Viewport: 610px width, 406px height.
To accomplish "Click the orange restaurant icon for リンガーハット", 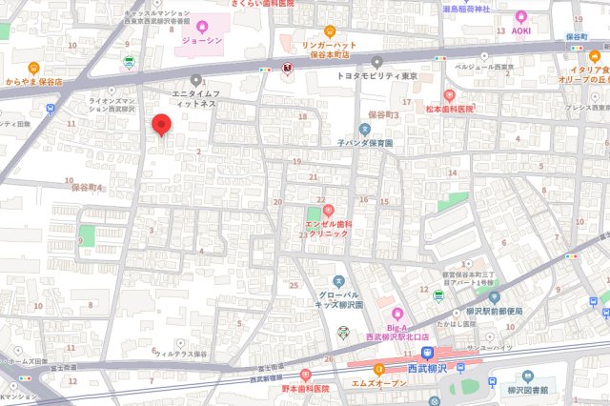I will tap(330, 30).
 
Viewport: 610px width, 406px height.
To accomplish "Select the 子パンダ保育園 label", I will tap(365, 142).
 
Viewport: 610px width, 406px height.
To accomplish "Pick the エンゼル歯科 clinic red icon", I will tap(328, 210).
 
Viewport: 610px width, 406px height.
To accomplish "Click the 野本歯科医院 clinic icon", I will tap(305, 376).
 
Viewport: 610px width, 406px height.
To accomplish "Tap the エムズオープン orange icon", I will tap(378, 369).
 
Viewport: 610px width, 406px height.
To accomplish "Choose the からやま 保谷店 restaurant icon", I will tap(33, 68).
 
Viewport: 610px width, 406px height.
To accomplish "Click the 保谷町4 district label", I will tap(87, 188).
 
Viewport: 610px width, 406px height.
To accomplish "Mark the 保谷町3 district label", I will tap(383, 114).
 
